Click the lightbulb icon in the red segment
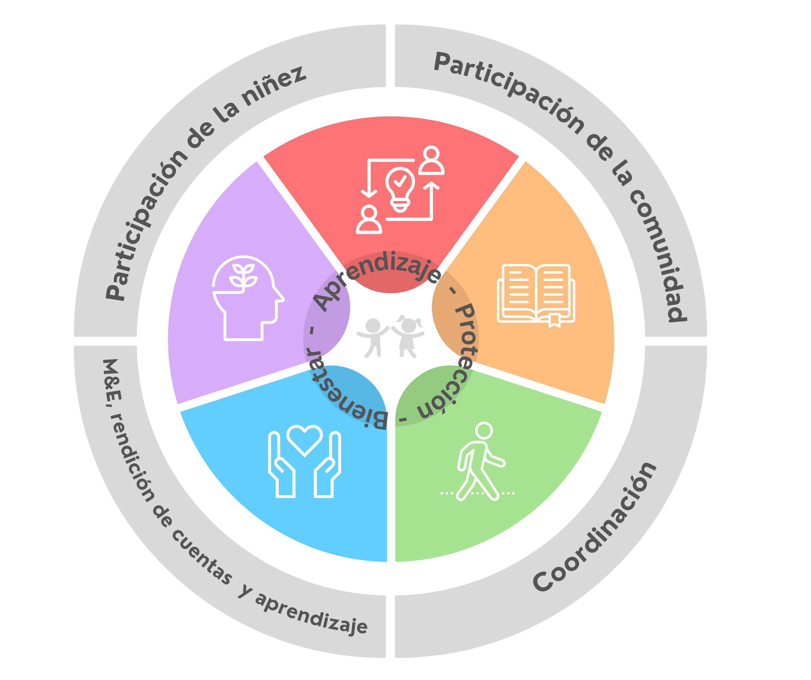[x=400, y=188]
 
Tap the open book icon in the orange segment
[x=536, y=294]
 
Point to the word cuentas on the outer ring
[x=201, y=556]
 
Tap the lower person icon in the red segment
[x=369, y=220]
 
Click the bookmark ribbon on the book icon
[x=554, y=320]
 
